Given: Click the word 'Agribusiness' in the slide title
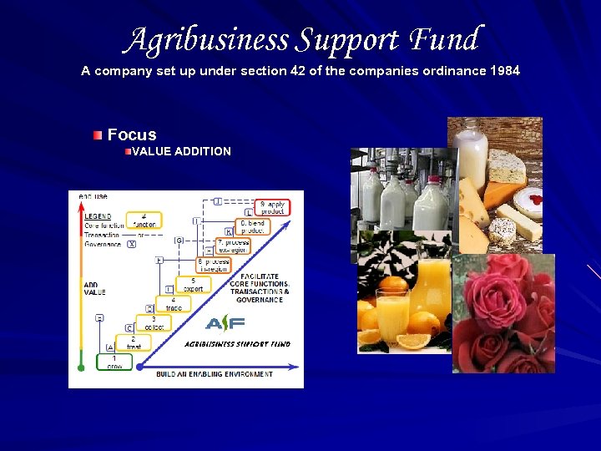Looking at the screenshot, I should pyautogui.click(x=210, y=40).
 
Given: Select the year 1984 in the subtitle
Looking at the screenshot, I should pyautogui.click(x=503, y=71).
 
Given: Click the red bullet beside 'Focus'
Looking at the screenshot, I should pyautogui.click(x=98, y=135).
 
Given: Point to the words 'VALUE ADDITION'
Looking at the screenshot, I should pyautogui.click(x=181, y=151).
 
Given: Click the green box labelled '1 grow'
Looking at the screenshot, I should pyautogui.click(x=114, y=362).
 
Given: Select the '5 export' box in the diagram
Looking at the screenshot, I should pyautogui.click(x=192, y=285).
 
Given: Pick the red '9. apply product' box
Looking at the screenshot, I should pyautogui.click(x=273, y=207).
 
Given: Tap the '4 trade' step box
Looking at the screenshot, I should pyautogui.click(x=174, y=304).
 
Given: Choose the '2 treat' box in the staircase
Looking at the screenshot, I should pyautogui.click(x=133, y=343).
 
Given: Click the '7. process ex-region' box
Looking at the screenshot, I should pyautogui.click(x=233, y=246).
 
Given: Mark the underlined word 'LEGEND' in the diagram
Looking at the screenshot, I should pyautogui.click(x=98, y=216).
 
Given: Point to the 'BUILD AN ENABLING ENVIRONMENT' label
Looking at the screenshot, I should pyautogui.click(x=215, y=374).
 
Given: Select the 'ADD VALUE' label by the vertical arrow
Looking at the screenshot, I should pyautogui.click(x=95, y=289).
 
